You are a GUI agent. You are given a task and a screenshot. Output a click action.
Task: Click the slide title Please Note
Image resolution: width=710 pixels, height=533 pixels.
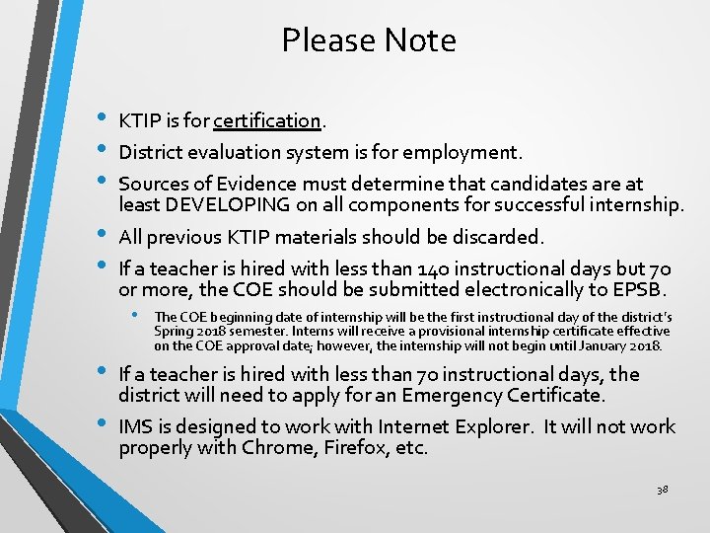click(369, 40)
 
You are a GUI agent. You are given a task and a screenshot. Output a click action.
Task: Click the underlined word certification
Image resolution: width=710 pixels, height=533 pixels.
click(267, 121)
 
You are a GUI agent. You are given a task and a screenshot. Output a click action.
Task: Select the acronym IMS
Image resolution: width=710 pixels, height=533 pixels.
click(134, 426)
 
